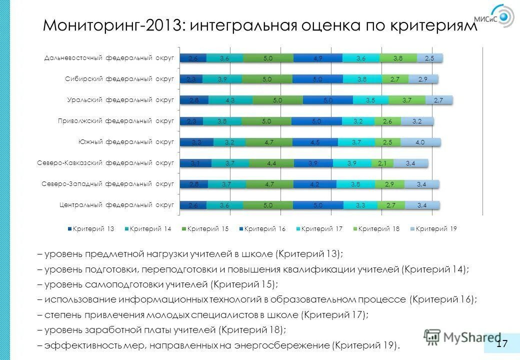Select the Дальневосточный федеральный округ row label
point(109,58)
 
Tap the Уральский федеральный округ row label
point(120,100)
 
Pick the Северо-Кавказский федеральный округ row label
point(105,162)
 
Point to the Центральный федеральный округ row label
point(116,204)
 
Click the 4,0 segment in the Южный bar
point(420,142)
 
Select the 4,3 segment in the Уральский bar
point(230,100)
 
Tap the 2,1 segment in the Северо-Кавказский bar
point(382,163)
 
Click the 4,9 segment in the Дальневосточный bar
point(318,58)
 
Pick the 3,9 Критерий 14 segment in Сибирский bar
point(222,79)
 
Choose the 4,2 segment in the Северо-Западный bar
point(314,184)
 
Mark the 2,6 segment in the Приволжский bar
point(387,121)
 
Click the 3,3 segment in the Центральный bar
point(360,205)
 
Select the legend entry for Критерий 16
point(262,228)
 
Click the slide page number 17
point(502,343)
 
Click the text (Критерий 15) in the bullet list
point(243,284)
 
